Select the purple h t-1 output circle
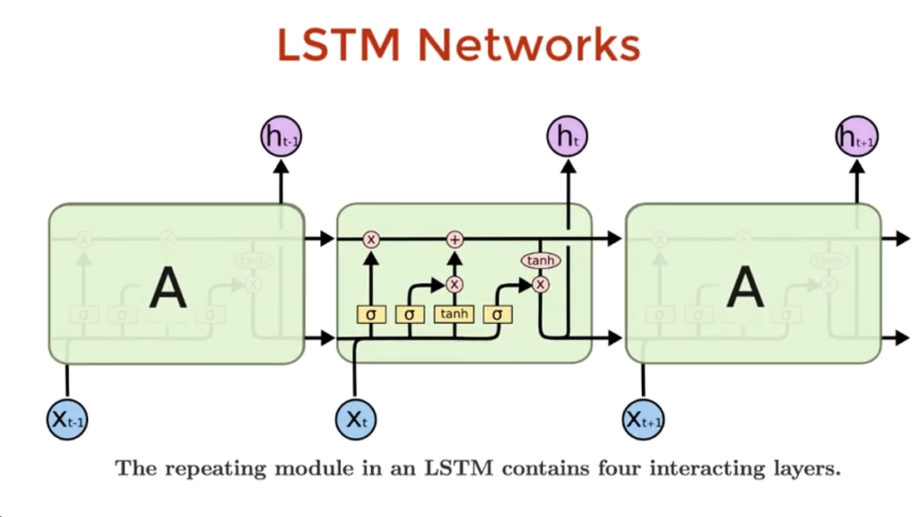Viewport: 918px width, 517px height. coord(279,137)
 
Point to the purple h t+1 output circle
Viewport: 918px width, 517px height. coord(856,137)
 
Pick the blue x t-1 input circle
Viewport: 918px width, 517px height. coord(67,419)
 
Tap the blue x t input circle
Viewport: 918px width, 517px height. coord(355,419)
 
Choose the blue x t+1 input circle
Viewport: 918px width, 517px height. coord(644,419)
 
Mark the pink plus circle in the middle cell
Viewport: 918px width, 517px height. coord(455,240)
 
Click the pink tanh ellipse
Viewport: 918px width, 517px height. coord(540,261)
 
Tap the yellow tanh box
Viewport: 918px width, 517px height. coord(455,315)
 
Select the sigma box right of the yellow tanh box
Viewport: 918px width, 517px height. coord(496,315)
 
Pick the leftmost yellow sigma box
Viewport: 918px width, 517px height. coord(371,315)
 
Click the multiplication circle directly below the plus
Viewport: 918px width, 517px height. coord(455,284)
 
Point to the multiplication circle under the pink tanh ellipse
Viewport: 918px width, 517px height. coord(540,284)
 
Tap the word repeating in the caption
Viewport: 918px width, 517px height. coord(210,468)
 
